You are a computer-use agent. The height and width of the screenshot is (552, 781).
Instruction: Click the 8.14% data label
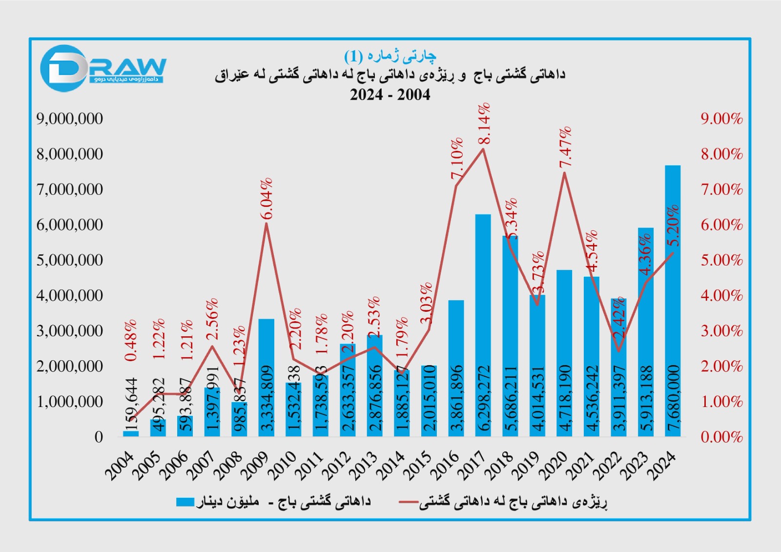pos(484,123)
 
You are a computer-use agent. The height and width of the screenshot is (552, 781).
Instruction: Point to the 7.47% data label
pos(565,147)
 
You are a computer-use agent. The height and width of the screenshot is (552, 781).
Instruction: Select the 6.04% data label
pos(266,199)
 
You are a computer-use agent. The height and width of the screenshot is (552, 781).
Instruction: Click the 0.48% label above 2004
pos(131,340)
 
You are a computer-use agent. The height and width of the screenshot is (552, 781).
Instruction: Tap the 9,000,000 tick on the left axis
pos(70,119)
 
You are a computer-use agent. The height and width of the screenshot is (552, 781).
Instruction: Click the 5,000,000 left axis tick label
pos(70,260)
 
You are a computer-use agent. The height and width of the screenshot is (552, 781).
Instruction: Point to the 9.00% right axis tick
pos(721,119)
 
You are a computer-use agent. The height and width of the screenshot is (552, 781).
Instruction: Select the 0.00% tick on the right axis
pos(721,437)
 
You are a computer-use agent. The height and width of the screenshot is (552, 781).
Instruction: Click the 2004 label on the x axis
pos(120,466)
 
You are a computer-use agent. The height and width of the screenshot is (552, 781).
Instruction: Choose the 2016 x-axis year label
pos(445,466)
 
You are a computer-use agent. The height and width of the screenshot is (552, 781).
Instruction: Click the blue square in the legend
pos(185,502)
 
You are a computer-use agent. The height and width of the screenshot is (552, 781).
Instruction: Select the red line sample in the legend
pos(408,502)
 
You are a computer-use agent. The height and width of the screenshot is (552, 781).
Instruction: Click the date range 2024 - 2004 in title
pos(390,95)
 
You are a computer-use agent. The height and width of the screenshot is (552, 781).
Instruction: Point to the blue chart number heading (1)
pos(390,56)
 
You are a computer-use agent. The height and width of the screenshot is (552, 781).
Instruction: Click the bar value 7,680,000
pos(673,397)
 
